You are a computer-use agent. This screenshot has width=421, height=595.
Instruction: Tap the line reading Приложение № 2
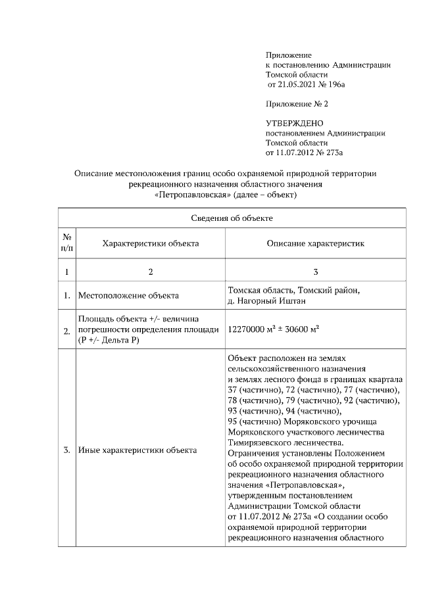[x=297, y=104]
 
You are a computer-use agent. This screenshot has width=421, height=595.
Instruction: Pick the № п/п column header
[x=67, y=243]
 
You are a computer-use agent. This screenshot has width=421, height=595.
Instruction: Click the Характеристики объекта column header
[x=151, y=243]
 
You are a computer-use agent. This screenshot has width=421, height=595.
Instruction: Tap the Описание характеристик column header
[x=315, y=243]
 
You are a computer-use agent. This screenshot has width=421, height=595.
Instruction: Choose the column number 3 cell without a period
[x=315, y=272]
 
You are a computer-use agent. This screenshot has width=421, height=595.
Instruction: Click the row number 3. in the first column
[x=67, y=450]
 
